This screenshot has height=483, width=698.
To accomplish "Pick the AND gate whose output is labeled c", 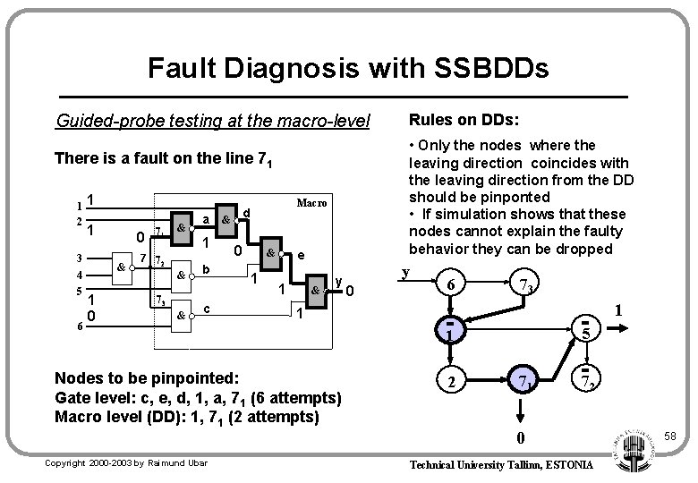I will (x=182, y=315).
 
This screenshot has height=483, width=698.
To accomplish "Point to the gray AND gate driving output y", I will (x=315, y=290).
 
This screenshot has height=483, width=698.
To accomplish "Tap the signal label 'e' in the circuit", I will (x=301, y=254).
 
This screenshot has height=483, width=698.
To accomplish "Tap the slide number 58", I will (x=671, y=436).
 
